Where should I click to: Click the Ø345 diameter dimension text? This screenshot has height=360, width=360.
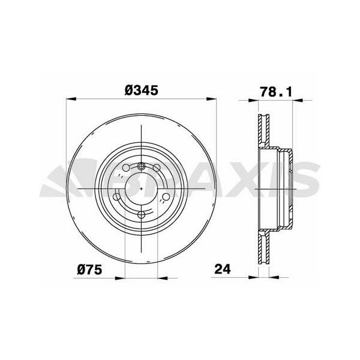point(141,91)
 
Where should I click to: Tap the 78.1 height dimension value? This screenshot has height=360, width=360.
point(276,91)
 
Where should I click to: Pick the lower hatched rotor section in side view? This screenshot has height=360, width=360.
point(263,249)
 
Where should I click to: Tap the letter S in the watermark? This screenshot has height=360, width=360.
point(303,179)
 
